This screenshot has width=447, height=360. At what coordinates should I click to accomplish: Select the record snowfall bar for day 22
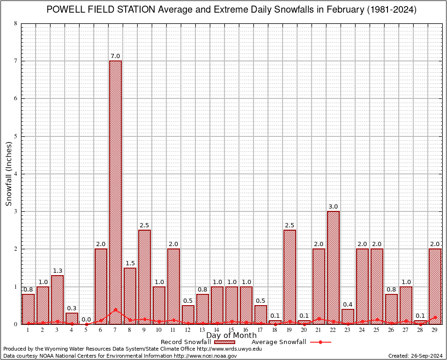(333, 267)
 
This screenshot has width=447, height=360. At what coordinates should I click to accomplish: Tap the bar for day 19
(290, 277)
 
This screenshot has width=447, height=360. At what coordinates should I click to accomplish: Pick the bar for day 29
(435, 286)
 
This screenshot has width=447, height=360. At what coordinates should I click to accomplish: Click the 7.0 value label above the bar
(115, 56)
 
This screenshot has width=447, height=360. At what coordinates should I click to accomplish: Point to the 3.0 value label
(333, 207)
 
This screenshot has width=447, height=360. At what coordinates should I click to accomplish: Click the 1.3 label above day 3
(57, 271)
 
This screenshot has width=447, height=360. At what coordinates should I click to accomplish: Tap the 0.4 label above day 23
(348, 305)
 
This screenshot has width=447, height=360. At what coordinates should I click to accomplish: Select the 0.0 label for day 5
(86, 320)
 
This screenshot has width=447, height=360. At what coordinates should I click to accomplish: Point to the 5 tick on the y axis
(16, 136)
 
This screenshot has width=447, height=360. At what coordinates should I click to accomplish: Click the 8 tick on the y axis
(16, 23)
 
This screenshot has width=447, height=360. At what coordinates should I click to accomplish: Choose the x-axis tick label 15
(231, 330)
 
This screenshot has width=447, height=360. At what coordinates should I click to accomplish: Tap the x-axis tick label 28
(420, 330)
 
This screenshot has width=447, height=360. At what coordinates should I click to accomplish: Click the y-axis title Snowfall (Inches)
(8, 173)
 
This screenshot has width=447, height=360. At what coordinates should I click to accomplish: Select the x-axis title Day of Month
(231, 336)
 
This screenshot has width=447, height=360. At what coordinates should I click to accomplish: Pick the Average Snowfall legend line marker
(320, 342)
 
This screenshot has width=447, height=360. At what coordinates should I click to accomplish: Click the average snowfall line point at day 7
(115, 309)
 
